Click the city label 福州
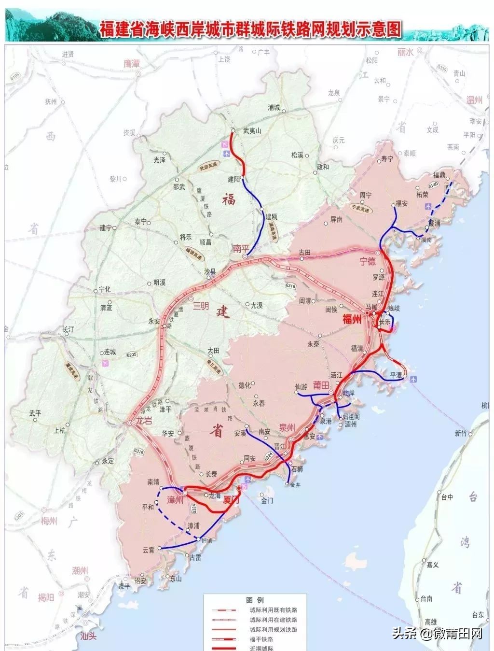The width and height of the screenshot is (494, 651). [x=351, y=319]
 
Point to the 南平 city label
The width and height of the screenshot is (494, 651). [x=239, y=248]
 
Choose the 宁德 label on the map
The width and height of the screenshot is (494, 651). [x=367, y=261]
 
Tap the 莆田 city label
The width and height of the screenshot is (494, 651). [x=321, y=385]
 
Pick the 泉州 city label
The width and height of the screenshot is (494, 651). [x=287, y=427]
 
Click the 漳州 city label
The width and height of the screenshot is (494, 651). [x=175, y=499]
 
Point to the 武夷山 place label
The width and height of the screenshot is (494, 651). [x=251, y=130]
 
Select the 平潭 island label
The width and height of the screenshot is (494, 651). [x=396, y=374]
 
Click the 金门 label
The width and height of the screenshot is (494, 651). [x=266, y=501]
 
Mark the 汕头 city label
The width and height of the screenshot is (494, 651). [x=88, y=636]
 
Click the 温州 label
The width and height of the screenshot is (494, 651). [x=474, y=100]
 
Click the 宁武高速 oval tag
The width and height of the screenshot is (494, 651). [x=363, y=207]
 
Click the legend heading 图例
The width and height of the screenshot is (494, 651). [x=255, y=600]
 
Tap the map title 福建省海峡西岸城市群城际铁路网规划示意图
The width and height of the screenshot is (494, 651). [x=250, y=29]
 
